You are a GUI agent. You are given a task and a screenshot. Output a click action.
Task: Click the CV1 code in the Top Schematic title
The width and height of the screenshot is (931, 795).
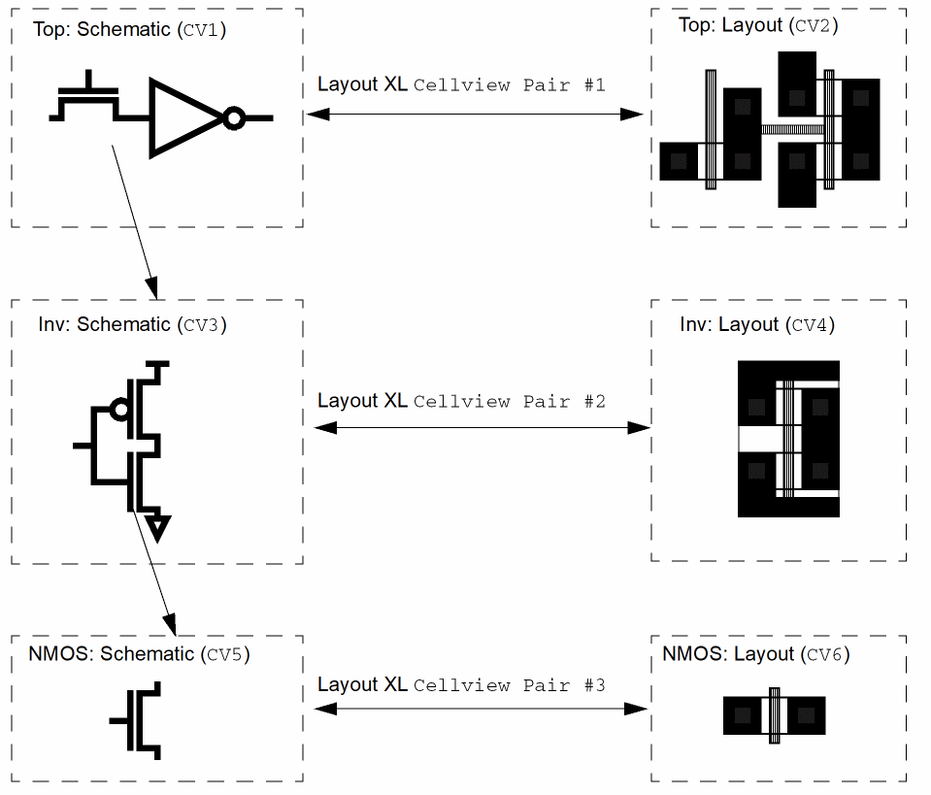click(x=202, y=29)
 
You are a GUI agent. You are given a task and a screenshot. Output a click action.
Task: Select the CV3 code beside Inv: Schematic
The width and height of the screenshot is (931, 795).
click(x=202, y=325)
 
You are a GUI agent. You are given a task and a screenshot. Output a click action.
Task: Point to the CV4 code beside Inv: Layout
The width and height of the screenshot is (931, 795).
click(x=813, y=325)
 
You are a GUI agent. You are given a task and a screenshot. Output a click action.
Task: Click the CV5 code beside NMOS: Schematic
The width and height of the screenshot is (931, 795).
click(x=225, y=654)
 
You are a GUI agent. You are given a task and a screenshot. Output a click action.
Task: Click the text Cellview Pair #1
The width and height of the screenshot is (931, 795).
click(x=509, y=84)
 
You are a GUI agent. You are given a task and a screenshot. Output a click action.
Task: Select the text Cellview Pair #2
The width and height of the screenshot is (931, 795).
click(x=509, y=401)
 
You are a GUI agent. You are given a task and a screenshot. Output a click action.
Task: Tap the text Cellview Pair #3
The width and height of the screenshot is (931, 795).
click(x=509, y=685)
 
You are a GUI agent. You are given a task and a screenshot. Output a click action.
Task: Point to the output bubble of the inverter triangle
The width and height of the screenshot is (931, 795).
click(x=233, y=118)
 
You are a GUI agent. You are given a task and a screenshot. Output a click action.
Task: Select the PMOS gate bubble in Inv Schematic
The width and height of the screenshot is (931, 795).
click(x=120, y=410)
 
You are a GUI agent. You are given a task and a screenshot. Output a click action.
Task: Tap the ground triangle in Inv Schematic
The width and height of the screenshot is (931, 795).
click(x=157, y=528)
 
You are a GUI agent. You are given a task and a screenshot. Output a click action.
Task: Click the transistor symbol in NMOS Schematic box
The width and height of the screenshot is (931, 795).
click(x=142, y=720)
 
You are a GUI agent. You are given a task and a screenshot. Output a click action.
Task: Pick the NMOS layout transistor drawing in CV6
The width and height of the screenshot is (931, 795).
click(x=774, y=715)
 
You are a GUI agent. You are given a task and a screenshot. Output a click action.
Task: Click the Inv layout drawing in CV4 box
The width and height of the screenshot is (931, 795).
click(x=788, y=439)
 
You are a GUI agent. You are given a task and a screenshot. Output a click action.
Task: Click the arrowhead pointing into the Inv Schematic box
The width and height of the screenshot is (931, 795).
click(x=152, y=289)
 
